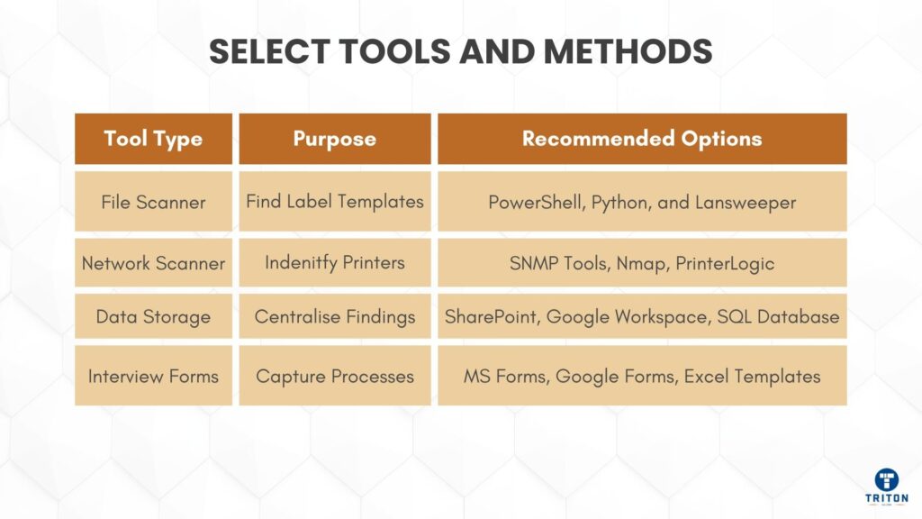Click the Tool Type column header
click(x=153, y=139)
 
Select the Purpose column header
click(x=334, y=139)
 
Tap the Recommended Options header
click(x=642, y=139)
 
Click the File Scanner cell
click(x=153, y=202)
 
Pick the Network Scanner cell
click(x=153, y=263)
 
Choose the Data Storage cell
click(x=153, y=317)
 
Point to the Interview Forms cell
click(x=153, y=376)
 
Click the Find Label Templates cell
click(x=334, y=202)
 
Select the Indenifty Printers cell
click(x=334, y=263)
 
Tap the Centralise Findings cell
click(x=334, y=317)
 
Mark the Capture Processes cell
click(x=334, y=376)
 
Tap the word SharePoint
click(x=492, y=317)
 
